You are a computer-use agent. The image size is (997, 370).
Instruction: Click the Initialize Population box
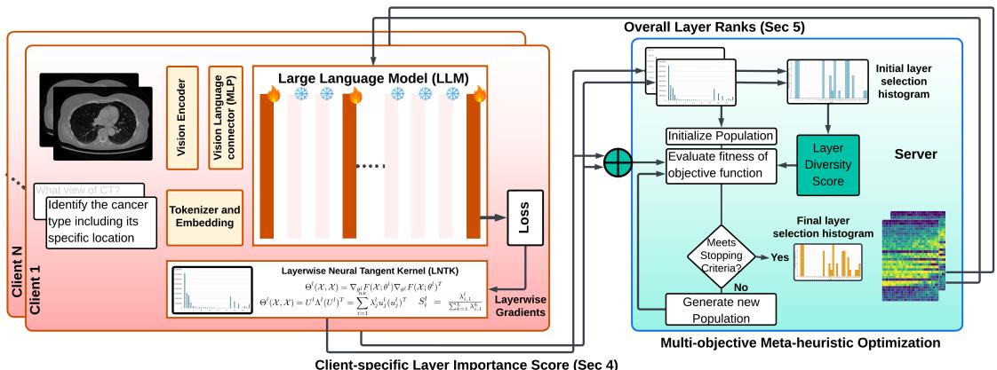click(x=722, y=137)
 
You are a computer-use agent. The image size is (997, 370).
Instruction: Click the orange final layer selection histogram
click(x=830, y=263)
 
